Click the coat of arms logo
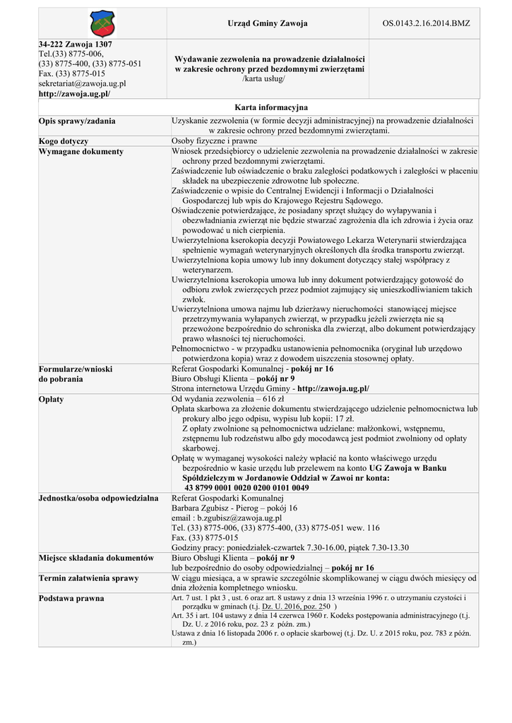pos(102,23)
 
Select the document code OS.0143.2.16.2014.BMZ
pos(426,23)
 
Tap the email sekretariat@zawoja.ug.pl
pos(82,83)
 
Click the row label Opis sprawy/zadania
pos(76,121)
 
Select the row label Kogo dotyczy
pos(64,141)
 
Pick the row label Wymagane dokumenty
pos(81,151)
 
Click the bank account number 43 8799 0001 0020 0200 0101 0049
pos(246,487)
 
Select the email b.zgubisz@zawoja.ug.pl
pos(230,518)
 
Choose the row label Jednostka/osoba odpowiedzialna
pos(98,498)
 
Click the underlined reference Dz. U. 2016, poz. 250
pos(296,607)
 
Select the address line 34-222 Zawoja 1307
pos(75,44)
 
